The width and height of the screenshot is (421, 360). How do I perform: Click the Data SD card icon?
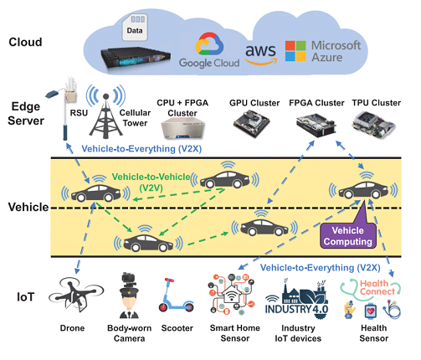pos(135,28)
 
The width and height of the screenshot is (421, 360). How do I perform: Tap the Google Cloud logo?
pos(209,51)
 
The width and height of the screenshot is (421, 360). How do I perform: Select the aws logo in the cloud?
pos(260,54)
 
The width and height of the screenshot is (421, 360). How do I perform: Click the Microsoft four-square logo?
pos(295,51)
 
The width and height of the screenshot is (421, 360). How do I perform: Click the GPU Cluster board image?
pos(252,123)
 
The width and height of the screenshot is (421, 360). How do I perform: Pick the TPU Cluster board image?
pos(373,125)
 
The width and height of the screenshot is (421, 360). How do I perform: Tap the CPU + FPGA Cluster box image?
pos(183,128)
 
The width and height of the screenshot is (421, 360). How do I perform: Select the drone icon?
pos(76,295)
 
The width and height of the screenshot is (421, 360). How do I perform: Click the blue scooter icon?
pos(176,296)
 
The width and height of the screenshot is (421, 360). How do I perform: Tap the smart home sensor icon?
pos(232,294)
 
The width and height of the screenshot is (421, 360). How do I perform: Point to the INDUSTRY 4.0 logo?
pos(297,298)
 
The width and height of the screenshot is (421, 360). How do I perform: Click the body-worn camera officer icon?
pos(129,296)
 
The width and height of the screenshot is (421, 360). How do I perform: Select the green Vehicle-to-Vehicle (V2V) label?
pos(151,182)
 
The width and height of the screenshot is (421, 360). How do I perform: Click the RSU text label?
pos(79,113)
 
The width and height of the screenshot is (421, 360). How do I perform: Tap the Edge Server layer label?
pos(26,114)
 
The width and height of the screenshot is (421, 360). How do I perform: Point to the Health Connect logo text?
pos(377,287)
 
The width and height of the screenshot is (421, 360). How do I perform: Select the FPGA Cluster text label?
pos(316,103)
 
